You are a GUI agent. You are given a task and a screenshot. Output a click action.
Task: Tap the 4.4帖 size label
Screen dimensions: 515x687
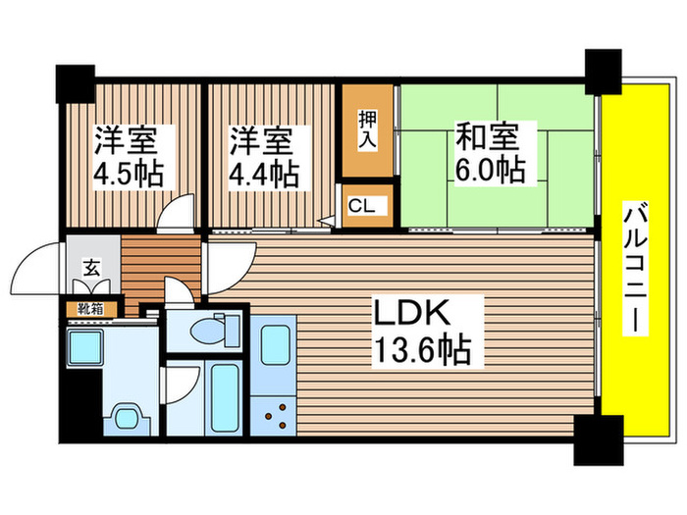pyautogui.click(x=264, y=174)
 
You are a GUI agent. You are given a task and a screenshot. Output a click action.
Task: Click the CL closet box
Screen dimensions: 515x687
pyautogui.click(x=367, y=207)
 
